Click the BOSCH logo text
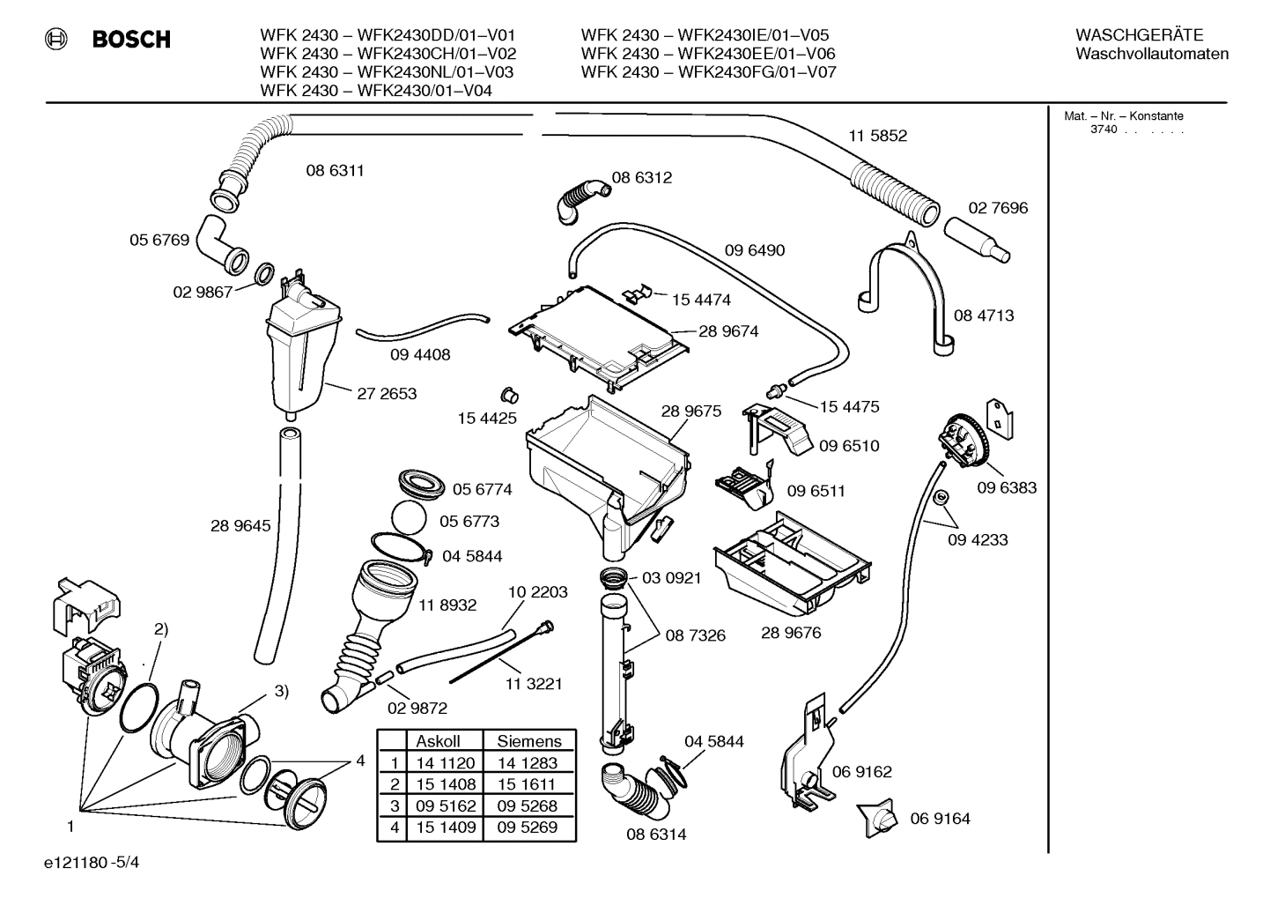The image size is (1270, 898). pos(130,40)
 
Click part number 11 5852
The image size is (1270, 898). pos(877,136)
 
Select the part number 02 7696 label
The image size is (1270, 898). pos(998,208)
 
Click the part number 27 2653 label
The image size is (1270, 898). pos(387,394)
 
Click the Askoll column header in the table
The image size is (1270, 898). pos(438,741)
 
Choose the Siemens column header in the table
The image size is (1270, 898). pos(528,741)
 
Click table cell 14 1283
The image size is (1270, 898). pos(527,763)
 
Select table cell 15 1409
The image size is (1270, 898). pos(446,827)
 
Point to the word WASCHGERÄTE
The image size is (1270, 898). pos(1139,35)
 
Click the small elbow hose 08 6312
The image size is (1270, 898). pos(580,196)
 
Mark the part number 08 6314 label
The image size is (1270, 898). pos(656,834)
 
